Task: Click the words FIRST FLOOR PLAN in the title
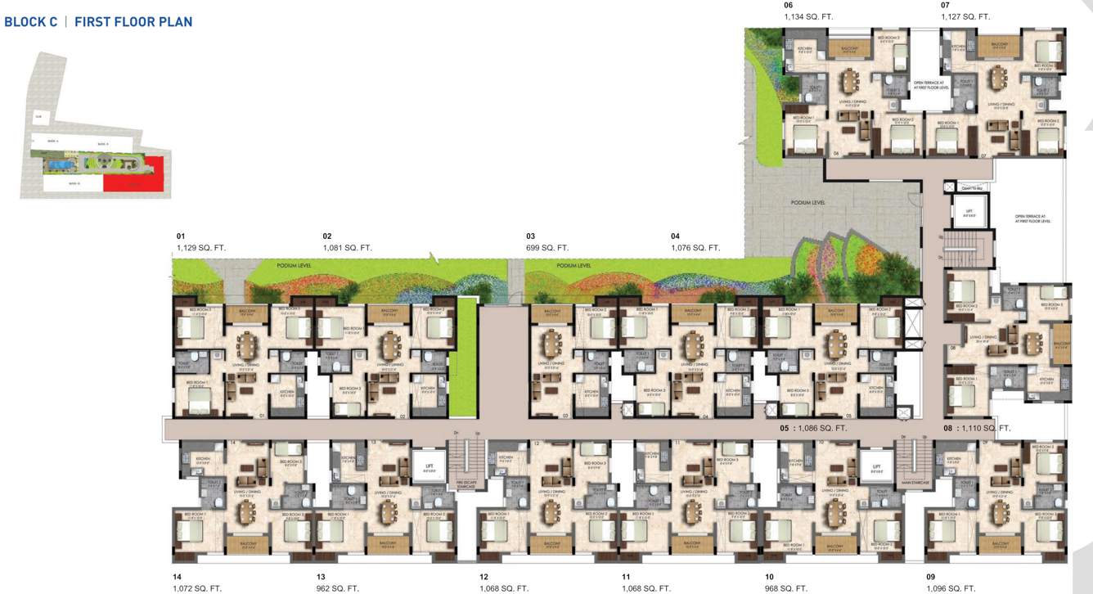(133, 22)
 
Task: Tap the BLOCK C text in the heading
(31, 22)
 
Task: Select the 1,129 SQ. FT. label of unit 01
(201, 247)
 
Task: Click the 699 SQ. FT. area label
(547, 247)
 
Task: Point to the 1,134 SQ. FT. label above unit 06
(809, 16)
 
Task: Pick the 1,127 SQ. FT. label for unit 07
(965, 16)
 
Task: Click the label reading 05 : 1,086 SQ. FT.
(813, 428)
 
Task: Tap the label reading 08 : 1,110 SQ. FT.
(977, 428)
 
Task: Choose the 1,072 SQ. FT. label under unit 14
(197, 588)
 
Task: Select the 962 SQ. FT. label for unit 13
(338, 588)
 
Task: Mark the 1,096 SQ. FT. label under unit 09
(951, 588)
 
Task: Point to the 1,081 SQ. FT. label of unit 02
(348, 247)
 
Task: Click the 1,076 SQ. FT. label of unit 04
(695, 247)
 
